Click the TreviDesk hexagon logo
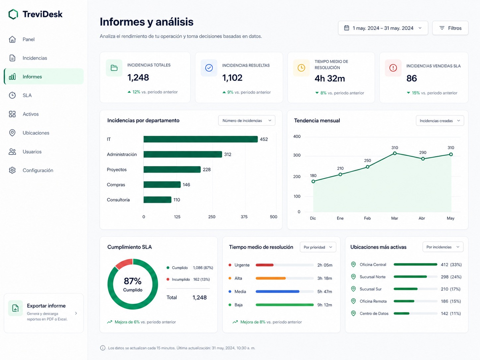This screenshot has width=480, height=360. [13, 14]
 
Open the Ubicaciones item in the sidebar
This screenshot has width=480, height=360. [36, 133]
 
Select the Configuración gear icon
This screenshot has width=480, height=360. [12, 170]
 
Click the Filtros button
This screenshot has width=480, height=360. [450, 28]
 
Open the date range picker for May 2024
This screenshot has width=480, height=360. [383, 28]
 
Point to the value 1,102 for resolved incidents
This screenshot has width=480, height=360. [232, 78]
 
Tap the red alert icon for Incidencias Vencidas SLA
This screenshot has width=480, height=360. [393, 68]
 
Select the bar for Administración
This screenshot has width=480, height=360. [183, 154]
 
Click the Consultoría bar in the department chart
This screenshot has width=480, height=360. [157, 200]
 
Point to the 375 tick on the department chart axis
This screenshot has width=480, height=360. [244, 216]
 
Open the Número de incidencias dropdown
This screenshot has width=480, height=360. [247, 120]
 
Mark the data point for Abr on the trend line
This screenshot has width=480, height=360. [423, 159]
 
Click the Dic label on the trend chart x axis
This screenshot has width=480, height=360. [313, 218]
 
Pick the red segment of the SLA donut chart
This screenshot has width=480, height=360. [123, 263]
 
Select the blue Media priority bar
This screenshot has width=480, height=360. [277, 291]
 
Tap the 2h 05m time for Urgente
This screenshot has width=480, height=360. [325, 265]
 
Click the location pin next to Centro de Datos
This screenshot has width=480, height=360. [353, 313]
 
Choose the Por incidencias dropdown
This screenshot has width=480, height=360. [443, 247]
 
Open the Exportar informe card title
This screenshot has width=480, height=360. [46, 306]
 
